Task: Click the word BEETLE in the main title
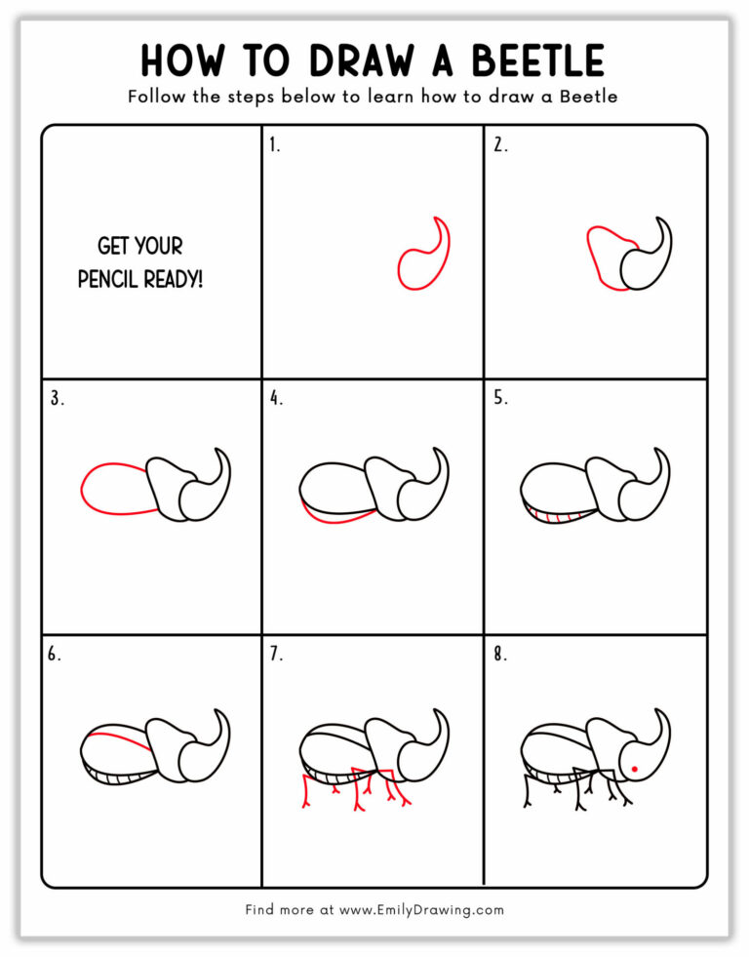pos(539,60)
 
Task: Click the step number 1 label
pos(274,145)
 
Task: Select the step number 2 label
pos(499,145)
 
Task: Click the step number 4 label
pos(276,398)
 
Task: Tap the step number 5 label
pos(499,398)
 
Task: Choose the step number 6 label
pos(55,655)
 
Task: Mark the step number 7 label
pos(276,655)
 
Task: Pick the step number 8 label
pos(499,655)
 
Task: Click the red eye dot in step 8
pos(634,770)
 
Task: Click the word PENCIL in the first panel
pos(110,279)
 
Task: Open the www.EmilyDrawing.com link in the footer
pos(421,909)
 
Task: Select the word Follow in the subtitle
pos(154,97)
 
